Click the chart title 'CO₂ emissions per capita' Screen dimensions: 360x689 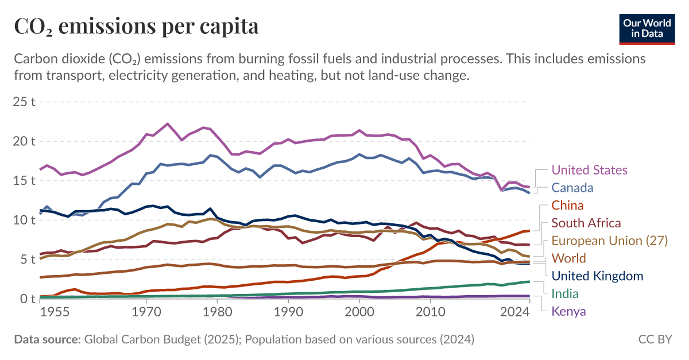[x=136, y=26]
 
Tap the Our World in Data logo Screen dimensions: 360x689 [x=647, y=27]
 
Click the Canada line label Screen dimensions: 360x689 [x=572, y=188]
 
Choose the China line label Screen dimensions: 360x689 [x=567, y=206]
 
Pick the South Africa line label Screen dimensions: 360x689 [x=586, y=223]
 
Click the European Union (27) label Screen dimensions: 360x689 [x=609, y=241]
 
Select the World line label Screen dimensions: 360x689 [x=568, y=258]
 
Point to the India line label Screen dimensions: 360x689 [x=564, y=294]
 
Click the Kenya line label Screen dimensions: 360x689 [x=568, y=312]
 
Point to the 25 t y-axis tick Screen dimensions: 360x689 [x=25, y=102]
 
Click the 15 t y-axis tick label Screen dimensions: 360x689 [x=25, y=181]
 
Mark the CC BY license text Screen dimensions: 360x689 [x=655, y=339]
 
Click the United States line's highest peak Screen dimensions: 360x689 [x=167, y=124]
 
